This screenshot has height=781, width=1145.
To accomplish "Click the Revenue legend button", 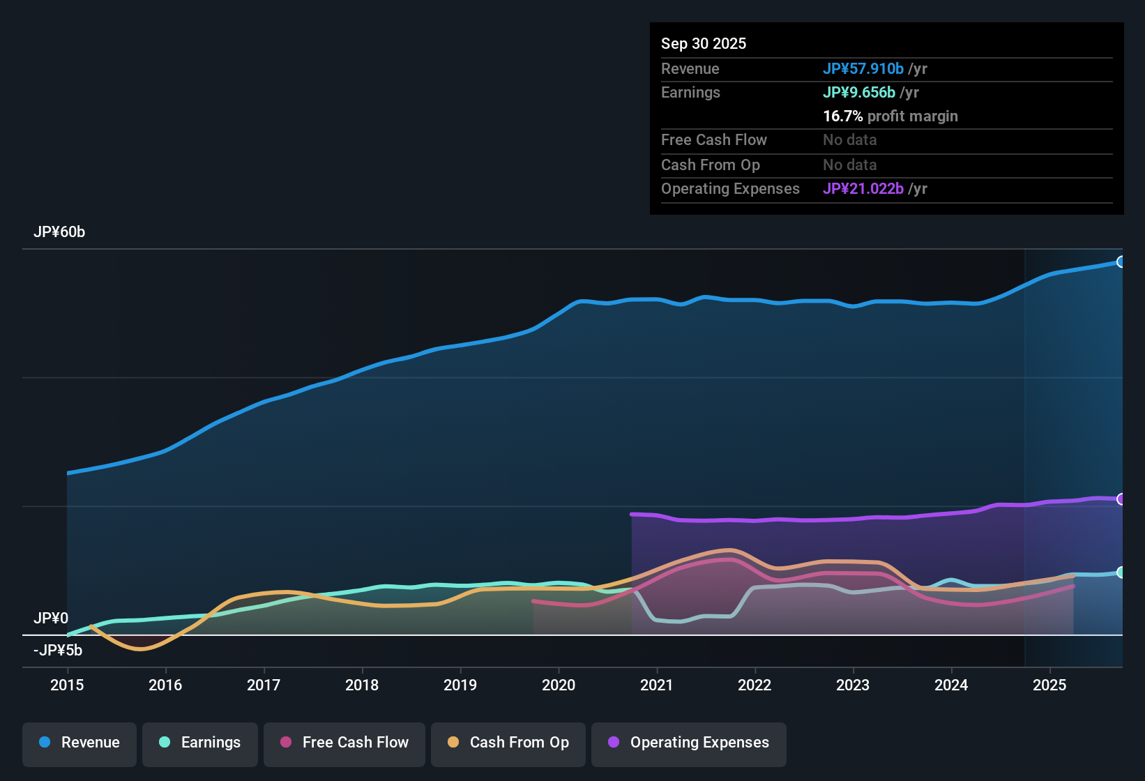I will click(79, 743).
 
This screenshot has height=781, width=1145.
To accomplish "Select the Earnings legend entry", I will click(200, 743).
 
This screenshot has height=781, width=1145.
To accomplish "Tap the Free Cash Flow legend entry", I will click(344, 743).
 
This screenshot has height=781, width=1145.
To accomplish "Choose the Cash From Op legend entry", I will click(508, 743).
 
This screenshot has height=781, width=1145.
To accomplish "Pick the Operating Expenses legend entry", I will click(689, 743).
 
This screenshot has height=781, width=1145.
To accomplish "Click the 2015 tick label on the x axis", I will click(67, 685).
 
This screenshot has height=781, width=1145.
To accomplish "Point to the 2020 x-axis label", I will click(559, 685).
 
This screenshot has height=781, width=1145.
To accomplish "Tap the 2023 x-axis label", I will click(853, 685).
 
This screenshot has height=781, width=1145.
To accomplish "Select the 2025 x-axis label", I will click(1049, 685).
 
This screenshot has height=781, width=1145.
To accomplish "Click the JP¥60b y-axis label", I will click(59, 232).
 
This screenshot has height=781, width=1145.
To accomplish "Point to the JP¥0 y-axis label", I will click(51, 619).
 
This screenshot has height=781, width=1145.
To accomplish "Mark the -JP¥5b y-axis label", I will click(58, 651).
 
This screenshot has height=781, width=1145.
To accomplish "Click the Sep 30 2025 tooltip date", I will click(704, 44).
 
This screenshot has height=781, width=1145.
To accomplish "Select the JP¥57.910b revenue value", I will click(863, 69).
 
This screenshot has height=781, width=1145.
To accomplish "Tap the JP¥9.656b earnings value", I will click(859, 93).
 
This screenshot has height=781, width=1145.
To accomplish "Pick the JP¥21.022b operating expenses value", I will click(863, 189).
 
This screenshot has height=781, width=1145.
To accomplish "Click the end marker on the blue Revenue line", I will click(1121, 262).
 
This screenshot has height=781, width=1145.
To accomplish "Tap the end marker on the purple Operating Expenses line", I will click(1121, 499).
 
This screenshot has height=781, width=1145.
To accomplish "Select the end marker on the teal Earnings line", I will click(1121, 573).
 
